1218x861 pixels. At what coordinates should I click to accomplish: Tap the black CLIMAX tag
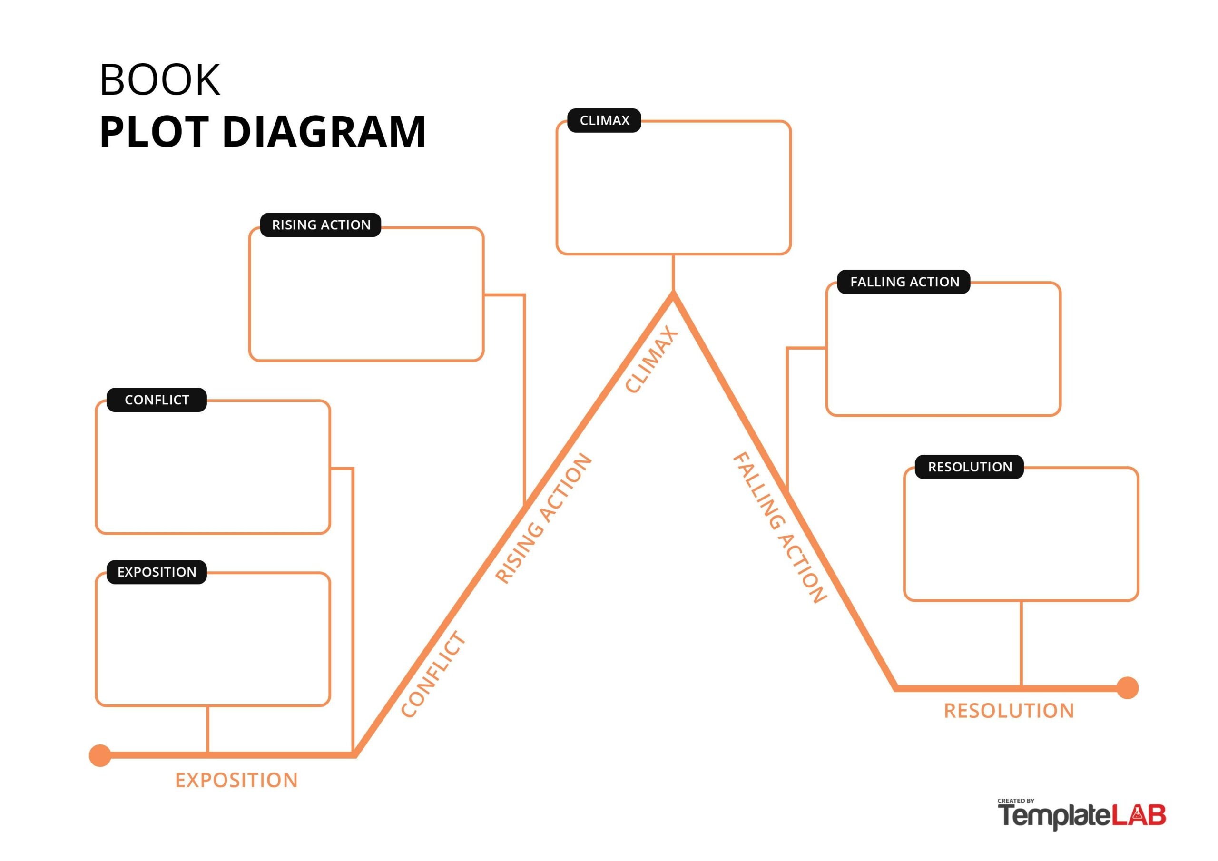(x=604, y=120)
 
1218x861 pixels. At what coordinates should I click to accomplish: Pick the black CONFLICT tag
(x=157, y=400)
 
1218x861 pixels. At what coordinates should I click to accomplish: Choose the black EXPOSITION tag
(x=157, y=572)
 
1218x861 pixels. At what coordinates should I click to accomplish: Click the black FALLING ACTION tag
(x=904, y=282)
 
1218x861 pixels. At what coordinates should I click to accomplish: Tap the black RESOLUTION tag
(x=970, y=467)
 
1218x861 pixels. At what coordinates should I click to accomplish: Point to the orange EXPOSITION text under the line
(x=236, y=780)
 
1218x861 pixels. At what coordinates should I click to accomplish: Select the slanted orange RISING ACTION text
(x=543, y=519)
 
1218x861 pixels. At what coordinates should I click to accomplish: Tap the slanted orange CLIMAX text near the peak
(x=651, y=360)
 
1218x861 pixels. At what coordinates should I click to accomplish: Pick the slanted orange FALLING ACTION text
(x=779, y=528)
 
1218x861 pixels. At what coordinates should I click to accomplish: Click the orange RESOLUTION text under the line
(x=1009, y=711)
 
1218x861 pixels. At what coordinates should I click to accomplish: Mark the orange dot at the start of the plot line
(x=100, y=755)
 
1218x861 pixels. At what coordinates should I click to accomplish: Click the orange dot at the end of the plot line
(x=1127, y=688)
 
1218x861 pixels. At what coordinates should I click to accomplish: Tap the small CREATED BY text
(x=1015, y=801)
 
